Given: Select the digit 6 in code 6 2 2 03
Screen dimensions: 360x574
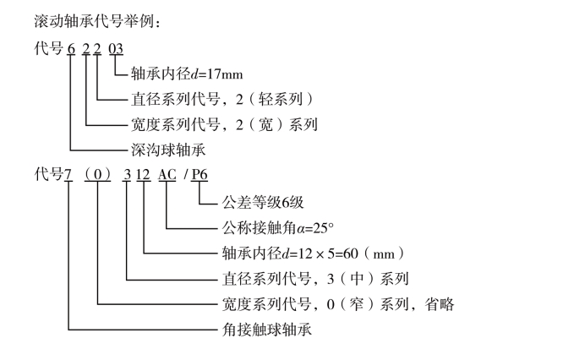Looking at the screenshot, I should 72,48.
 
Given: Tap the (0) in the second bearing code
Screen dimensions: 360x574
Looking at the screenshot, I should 99,176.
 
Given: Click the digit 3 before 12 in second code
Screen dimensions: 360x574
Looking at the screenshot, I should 128,176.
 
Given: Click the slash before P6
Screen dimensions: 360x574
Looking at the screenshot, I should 187,176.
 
